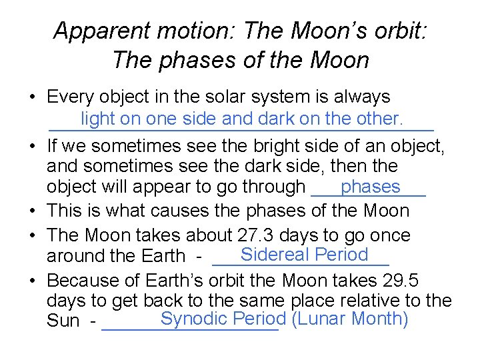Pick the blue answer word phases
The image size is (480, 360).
click(x=370, y=187)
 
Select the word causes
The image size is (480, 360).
click(x=180, y=211)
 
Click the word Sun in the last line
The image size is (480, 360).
click(x=63, y=323)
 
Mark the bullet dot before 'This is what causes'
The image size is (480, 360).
click(x=31, y=211)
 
